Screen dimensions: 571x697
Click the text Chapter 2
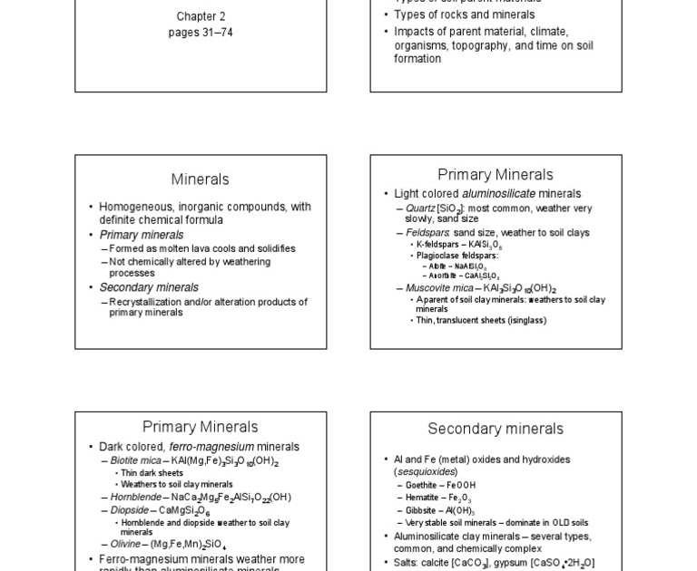coord(201,16)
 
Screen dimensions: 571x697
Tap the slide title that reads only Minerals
coord(200,179)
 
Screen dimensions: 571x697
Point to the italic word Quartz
coord(420,208)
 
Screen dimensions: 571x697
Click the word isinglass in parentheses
coord(524,320)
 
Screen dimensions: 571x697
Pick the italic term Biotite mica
coord(135,460)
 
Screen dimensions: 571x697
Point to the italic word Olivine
coord(125,544)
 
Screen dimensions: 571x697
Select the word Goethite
coord(421,485)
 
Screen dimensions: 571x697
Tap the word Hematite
coord(422,498)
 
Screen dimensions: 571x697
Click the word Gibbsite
coord(420,510)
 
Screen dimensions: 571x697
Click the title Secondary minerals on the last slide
coord(496,429)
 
